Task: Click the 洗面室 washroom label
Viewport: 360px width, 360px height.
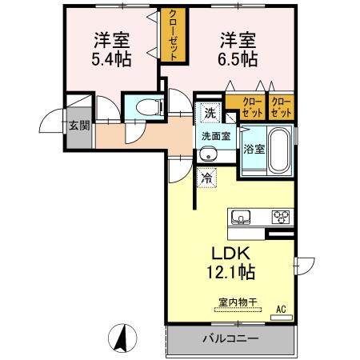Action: (x=215, y=136)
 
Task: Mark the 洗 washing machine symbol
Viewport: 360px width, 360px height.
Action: (x=208, y=112)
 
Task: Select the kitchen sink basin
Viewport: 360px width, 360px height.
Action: (x=242, y=216)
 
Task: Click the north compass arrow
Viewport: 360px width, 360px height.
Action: (x=125, y=338)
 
